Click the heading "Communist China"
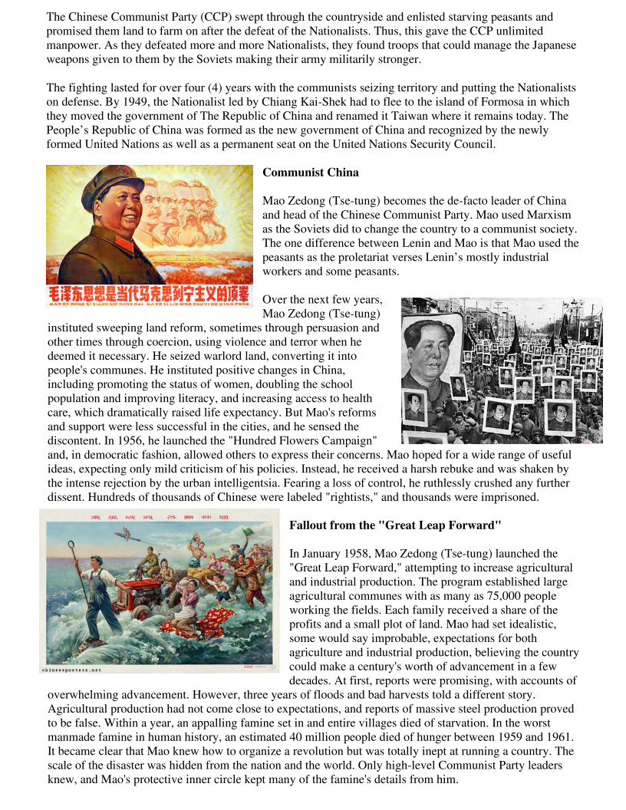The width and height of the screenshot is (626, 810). [x=311, y=172]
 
